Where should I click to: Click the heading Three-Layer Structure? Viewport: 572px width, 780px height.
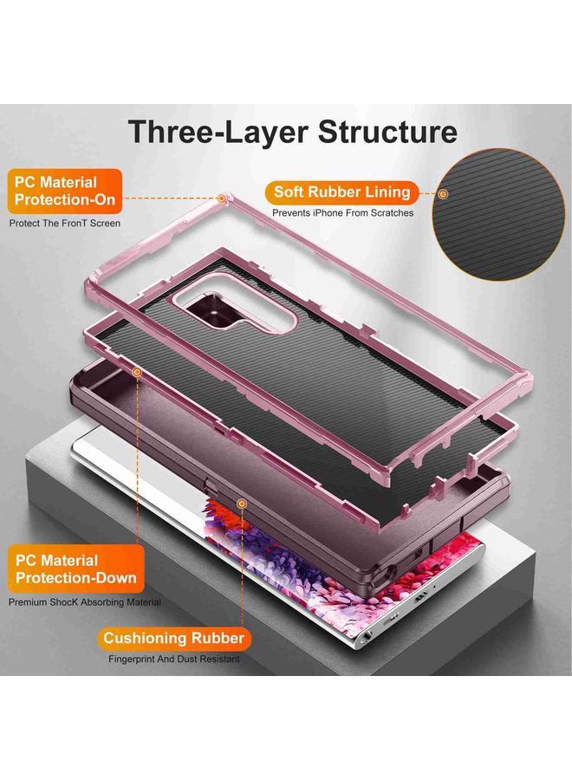pos(293,132)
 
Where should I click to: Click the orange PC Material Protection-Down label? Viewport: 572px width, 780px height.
pos(73,569)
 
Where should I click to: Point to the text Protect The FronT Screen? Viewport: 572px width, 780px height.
pos(65,224)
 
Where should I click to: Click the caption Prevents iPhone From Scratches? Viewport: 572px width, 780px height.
pos(343,212)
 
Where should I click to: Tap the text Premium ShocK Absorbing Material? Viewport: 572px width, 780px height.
pos(85,601)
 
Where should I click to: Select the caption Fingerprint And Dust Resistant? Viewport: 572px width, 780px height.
pos(174,660)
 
